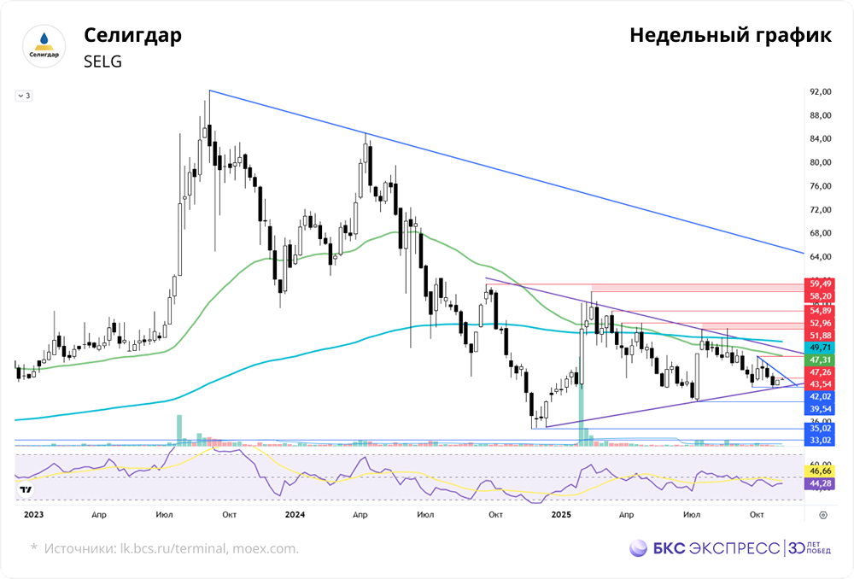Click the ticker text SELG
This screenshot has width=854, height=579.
point(102,61)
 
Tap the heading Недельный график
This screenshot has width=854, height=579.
point(730,37)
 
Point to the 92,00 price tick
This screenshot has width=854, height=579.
point(821,91)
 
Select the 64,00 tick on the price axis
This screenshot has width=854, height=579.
point(821,256)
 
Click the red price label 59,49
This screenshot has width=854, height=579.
point(821,284)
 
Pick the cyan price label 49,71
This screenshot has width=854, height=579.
point(821,348)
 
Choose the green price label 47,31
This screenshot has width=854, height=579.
point(821,361)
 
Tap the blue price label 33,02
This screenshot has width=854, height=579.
point(821,440)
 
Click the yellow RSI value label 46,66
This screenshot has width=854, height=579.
point(821,471)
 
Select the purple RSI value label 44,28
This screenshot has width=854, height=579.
point(821,484)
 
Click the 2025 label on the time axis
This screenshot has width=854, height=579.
point(561,515)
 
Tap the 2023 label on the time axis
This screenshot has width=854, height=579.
point(33,515)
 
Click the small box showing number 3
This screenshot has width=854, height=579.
point(24,96)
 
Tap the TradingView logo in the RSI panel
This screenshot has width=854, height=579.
point(26,490)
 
